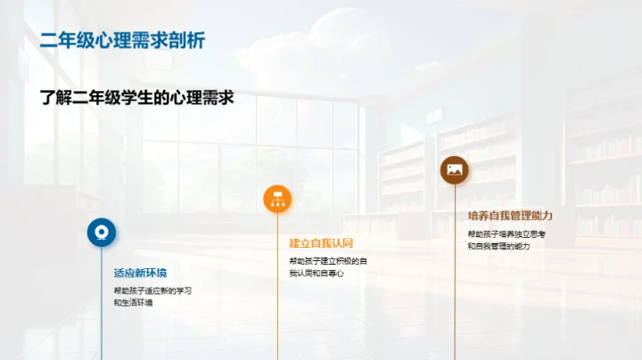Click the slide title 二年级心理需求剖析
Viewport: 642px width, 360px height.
coord(122,41)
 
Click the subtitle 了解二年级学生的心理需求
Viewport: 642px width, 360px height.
coord(136,98)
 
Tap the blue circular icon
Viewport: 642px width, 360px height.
coord(101,232)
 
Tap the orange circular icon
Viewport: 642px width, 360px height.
coord(277,199)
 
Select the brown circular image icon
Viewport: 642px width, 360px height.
coord(454,169)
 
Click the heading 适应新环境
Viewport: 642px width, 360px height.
coord(139,273)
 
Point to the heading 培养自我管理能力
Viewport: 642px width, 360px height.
coord(510,215)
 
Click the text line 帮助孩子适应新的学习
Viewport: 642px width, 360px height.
coord(152,290)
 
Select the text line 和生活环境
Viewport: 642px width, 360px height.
coord(133,303)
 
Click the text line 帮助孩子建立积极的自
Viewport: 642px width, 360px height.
coord(327,260)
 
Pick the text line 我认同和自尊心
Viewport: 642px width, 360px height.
coord(316,273)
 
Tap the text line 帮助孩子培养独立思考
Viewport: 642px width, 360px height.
coord(506,233)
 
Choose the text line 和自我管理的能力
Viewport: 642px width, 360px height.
coord(498,246)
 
